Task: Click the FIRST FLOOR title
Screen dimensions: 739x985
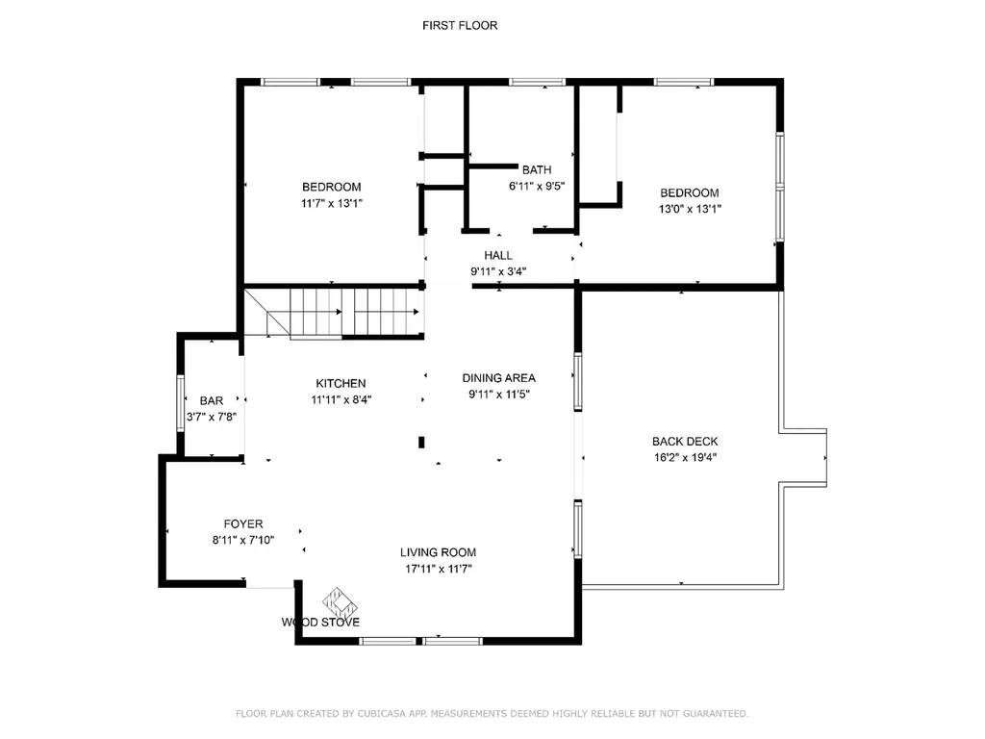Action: click(x=460, y=26)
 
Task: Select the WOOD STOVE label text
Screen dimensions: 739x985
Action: click(x=320, y=623)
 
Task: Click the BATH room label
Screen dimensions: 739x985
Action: click(x=537, y=170)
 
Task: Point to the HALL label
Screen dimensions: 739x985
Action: click(x=498, y=256)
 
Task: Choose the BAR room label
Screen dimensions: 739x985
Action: click(x=212, y=401)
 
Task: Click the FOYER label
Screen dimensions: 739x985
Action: click(x=243, y=524)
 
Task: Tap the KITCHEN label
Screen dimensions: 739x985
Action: click(x=338, y=384)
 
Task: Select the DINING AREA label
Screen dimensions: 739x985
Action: click(x=498, y=378)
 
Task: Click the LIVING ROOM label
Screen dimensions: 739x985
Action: click(x=439, y=552)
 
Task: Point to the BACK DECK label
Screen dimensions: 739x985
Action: click(x=685, y=442)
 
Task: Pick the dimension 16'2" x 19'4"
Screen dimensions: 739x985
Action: click(x=685, y=457)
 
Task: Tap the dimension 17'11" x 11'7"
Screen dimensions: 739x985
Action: click(x=439, y=568)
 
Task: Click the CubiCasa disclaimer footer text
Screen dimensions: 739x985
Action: click(x=492, y=713)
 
